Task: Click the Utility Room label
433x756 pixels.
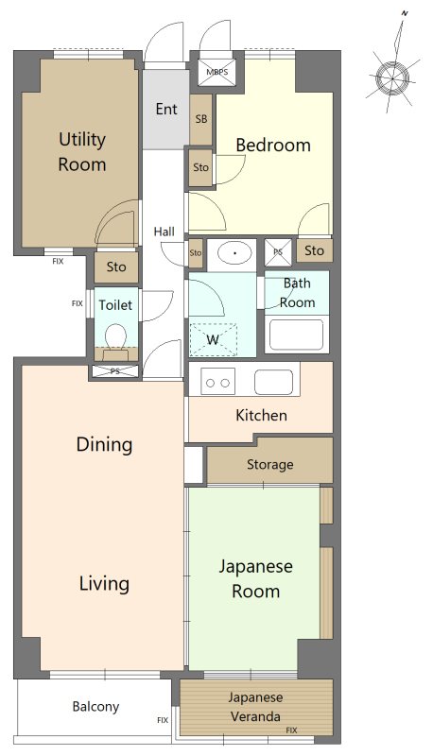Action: pyautogui.click(x=82, y=152)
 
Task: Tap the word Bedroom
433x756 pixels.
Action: pyautogui.click(x=273, y=146)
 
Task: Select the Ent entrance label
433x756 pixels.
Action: pyautogui.click(x=166, y=109)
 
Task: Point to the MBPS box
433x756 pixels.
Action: pyautogui.click(x=217, y=73)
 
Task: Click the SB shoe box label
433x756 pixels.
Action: pyautogui.click(x=201, y=119)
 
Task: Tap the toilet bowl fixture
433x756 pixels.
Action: pyautogui.click(x=115, y=336)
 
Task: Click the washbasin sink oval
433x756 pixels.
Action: pyautogui.click(x=234, y=252)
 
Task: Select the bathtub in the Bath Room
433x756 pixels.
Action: pyautogui.click(x=296, y=335)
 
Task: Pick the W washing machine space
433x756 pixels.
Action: pyautogui.click(x=213, y=339)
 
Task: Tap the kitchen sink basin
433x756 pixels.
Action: pyautogui.click(x=273, y=383)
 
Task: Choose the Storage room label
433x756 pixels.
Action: pyautogui.click(x=270, y=464)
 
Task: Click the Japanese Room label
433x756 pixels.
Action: pyautogui.click(x=255, y=578)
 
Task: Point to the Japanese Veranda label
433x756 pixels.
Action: pyautogui.click(x=255, y=707)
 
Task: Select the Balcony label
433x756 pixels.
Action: pyautogui.click(x=95, y=707)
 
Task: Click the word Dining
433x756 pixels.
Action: pyautogui.click(x=104, y=444)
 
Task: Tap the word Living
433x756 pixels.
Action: pyautogui.click(x=104, y=583)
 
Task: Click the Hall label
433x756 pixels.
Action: pyautogui.click(x=164, y=232)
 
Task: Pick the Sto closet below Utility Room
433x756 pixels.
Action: pyautogui.click(x=116, y=266)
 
